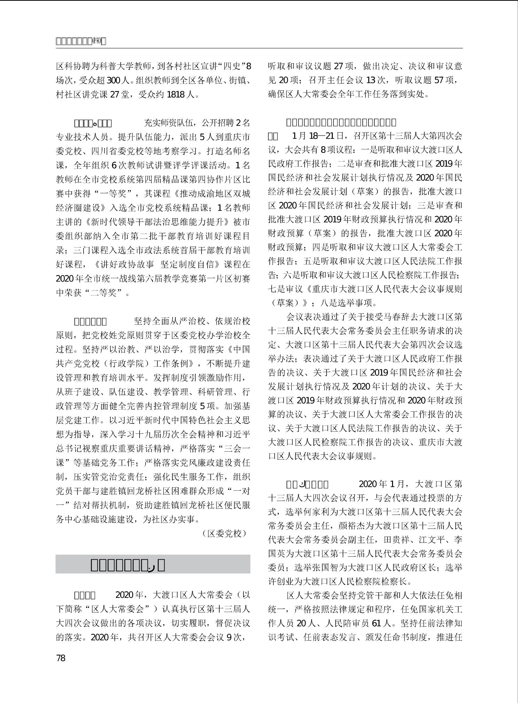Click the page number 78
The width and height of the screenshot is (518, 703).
61,658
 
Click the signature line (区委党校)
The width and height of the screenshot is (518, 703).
225,533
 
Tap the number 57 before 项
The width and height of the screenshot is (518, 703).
439,80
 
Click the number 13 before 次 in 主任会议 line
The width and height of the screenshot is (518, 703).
371,80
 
